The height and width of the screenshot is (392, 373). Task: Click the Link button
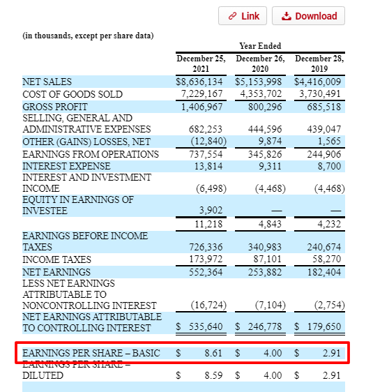(243, 16)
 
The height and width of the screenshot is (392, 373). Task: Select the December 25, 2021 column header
(201, 64)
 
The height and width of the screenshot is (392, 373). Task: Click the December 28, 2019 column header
(319, 64)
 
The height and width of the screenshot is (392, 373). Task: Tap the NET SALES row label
(47, 82)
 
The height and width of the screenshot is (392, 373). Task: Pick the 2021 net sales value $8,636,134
(201, 82)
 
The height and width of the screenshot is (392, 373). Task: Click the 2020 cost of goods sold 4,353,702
(261, 93)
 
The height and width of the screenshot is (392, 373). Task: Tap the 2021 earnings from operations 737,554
(206, 153)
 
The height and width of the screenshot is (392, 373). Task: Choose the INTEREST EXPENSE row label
(66, 166)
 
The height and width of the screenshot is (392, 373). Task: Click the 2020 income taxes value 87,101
(267, 259)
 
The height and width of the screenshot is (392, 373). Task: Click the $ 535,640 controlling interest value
(201, 326)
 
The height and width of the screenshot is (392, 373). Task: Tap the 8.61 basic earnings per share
(213, 354)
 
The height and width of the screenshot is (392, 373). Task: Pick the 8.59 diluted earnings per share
(213, 375)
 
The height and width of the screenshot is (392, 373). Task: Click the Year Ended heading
(260, 46)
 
